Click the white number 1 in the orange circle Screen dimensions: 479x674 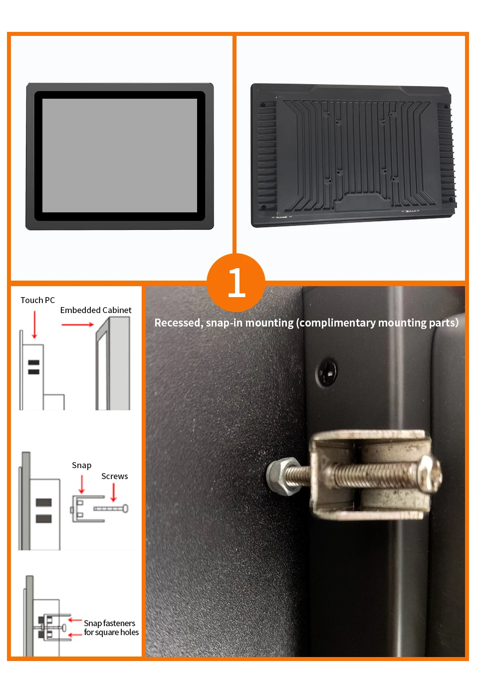237,282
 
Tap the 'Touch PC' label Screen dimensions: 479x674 37,300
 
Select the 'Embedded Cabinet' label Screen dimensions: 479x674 96,310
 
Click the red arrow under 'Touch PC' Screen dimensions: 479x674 34,325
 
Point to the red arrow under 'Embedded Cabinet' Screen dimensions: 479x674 77,325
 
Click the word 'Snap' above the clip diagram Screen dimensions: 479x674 82,466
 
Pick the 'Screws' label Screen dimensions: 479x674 114,476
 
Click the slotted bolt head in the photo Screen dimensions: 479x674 431,475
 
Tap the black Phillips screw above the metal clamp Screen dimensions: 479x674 327,372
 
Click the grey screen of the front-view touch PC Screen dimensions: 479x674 120,156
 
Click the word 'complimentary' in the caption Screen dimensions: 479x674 337,323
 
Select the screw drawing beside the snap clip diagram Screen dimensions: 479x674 111,508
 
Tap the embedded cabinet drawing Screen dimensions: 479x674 113,363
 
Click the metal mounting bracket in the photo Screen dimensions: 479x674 370,475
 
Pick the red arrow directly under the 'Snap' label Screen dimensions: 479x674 82,484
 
